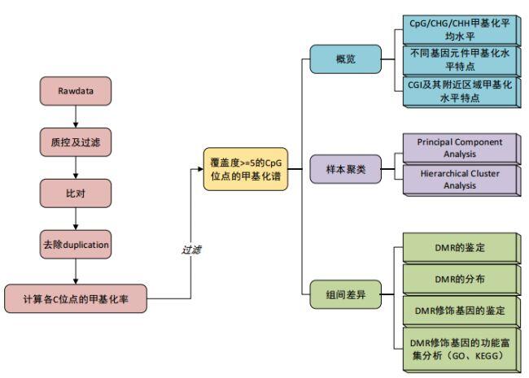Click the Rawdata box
(x=76, y=91)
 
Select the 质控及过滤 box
(x=76, y=142)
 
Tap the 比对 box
(x=76, y=193)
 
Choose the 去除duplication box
(x=76, y=245)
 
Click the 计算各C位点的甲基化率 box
(x=76, y=298)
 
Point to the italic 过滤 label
(x=191, y=250)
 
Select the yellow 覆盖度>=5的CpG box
(x=246, y=169)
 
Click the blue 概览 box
(x=345, y=59)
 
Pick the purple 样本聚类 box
(x=345, y=169)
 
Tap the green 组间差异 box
(x=345, y=294)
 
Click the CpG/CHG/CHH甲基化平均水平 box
(x=461, y=29)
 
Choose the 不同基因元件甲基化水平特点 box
(x=461, y=61)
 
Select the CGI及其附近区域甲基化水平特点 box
(x=461, y=92)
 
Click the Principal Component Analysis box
(x=461, y=148)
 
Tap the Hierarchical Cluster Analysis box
(x=461, y=180)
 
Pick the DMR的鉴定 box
(x=461, y=248)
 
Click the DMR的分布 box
(x=461, y=280)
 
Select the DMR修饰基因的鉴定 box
(x=461, y=311)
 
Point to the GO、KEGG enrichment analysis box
(x=461, y=350)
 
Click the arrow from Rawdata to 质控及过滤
(x=76, y=116)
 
